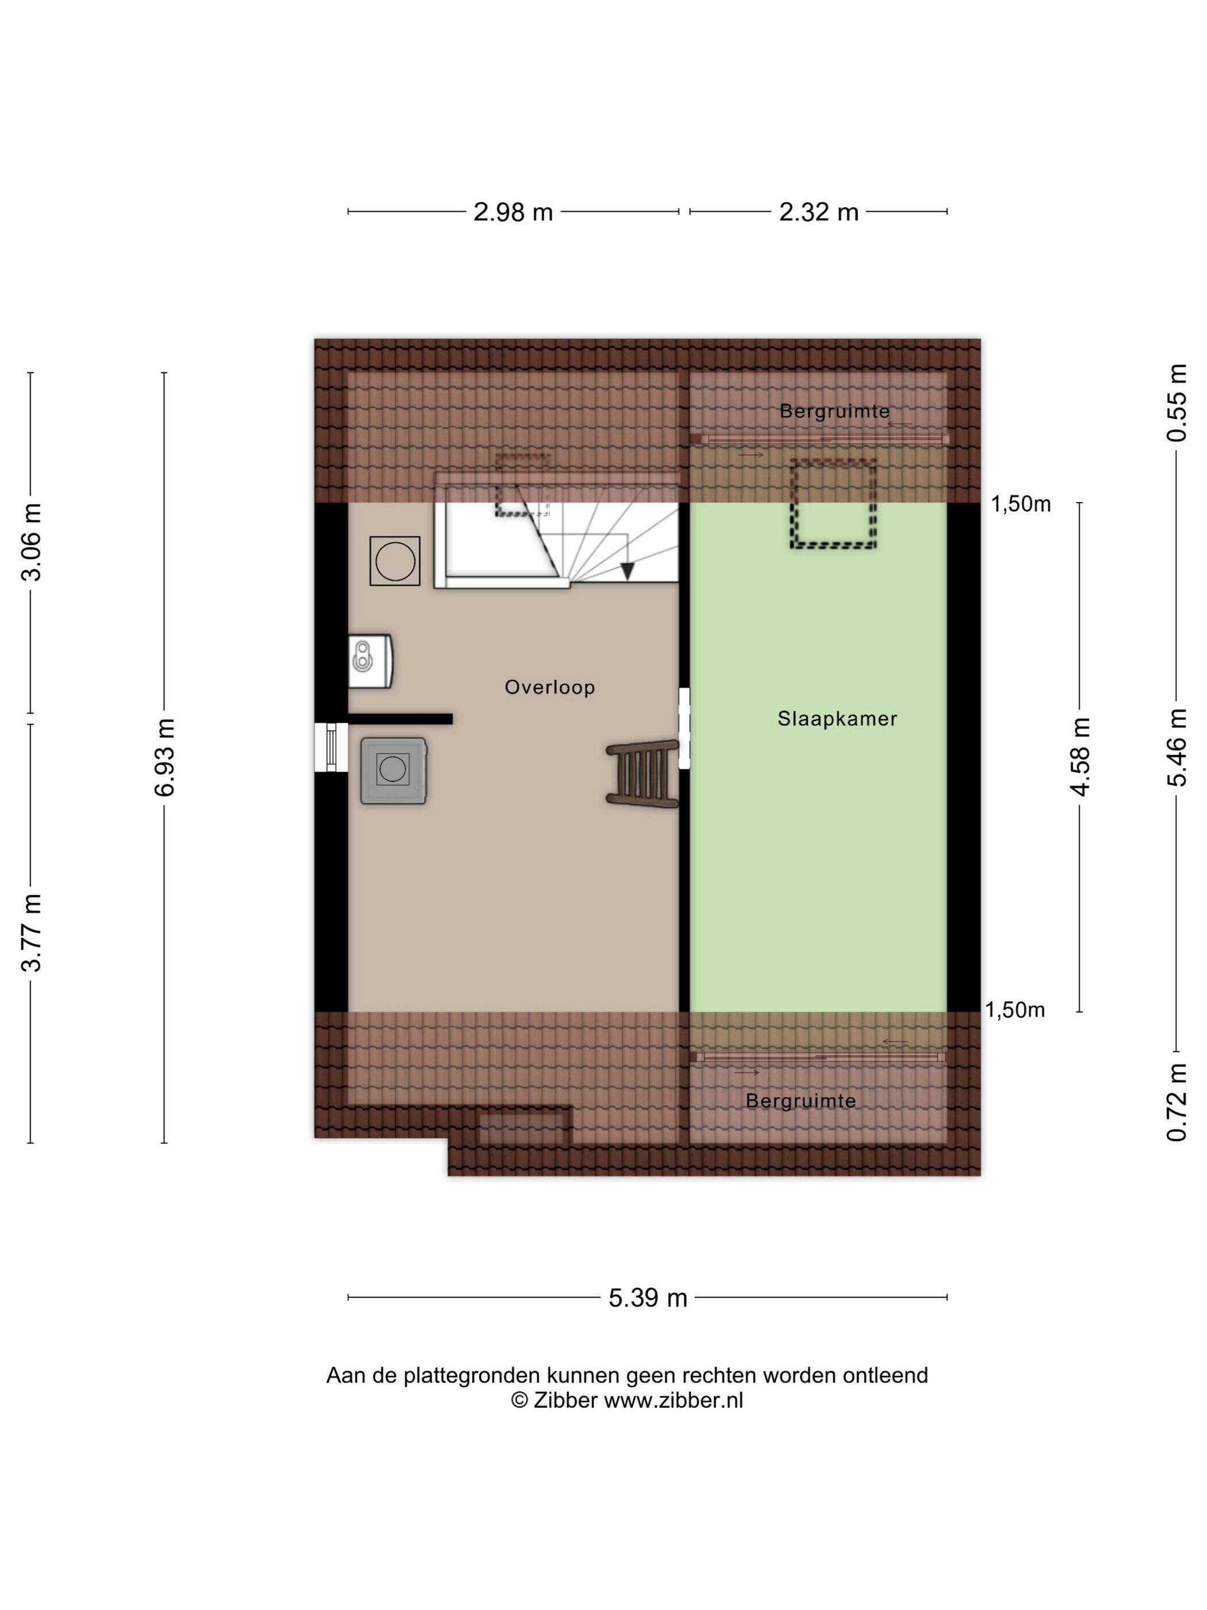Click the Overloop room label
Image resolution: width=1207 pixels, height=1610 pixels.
[x=549, y=687]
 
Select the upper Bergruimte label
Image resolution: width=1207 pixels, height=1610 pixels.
[x=835, y=411]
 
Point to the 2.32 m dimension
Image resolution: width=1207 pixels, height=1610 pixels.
[x=818, y=212]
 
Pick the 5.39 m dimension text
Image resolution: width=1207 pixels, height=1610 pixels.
[x=648, y=1298]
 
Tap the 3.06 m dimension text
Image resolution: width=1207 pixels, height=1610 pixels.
[x=31, y=542]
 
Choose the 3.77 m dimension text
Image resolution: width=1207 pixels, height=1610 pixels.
[x=31, y=933]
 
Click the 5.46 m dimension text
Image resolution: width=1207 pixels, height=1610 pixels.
[x=1177, y=747]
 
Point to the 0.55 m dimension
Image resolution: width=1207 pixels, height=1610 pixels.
[x=1177, y=402]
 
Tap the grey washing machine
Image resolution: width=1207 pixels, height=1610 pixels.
[x=393, y=770]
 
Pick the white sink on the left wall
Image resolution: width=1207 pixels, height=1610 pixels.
[x=370, y=661]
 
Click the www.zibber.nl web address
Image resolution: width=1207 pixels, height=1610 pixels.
[x=673, y=1400]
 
